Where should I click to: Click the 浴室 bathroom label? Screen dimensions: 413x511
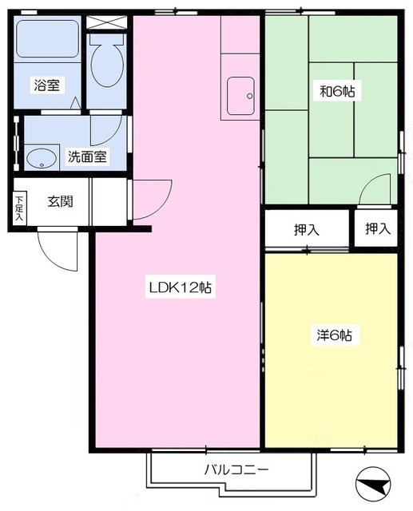coord(47,85)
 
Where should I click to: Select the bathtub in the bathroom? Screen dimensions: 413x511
coord(48,38)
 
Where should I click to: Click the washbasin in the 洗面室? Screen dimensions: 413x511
coord(42,158)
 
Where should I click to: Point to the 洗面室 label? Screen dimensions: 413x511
coord(87,156)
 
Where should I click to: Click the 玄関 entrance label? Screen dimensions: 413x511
coord(60,201)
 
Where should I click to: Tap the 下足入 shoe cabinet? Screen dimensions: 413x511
coord(19,208)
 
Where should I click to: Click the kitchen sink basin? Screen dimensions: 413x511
coord(241,96)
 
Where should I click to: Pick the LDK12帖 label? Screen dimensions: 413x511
coord(181,287)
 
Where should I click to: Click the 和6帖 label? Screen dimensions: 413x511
coord(337,91)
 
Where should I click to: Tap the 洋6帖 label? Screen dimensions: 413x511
coord(335,335)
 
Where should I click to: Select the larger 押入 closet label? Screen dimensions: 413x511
coord(307,230)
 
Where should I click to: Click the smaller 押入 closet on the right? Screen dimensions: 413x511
coord(375,228)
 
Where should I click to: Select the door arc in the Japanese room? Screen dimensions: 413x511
coord(375,189)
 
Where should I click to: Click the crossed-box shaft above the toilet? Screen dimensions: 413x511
coord(106,22)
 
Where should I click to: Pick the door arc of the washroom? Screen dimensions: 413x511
coord(106,130)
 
